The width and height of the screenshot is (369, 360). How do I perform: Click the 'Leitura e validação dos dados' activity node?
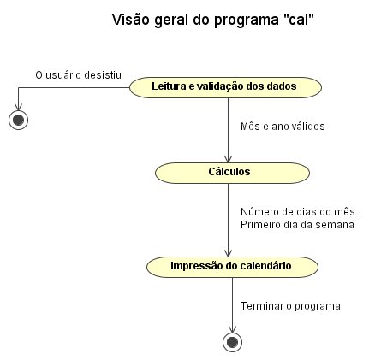pos(225,87)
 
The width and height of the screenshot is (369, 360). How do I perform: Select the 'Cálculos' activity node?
pos(232,173)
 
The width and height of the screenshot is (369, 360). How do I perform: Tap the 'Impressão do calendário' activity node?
pos(232,267)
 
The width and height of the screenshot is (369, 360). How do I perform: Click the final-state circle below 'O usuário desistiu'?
pos(18,120)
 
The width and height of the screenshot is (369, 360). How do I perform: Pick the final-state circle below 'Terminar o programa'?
pos(232,342)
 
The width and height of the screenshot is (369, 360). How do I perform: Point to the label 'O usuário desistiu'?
pos(79,75)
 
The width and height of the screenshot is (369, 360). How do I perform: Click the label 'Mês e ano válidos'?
pos(283,127)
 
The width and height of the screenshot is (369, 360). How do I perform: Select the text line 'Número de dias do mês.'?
pos(299,212)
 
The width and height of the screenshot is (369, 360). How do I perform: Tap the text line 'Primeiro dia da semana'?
pos(297,225)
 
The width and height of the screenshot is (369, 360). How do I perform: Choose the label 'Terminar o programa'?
pos(290,306)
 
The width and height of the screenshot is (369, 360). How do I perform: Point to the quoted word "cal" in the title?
pos(300,20)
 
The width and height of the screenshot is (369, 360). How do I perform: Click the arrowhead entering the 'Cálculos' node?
pos(228,159)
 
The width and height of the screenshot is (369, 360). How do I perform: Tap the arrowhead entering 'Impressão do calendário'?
pos(228,253)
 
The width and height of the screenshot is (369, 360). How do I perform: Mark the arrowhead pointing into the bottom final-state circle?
pos(232,329)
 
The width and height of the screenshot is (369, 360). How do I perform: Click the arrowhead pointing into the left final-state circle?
pos(18,107)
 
